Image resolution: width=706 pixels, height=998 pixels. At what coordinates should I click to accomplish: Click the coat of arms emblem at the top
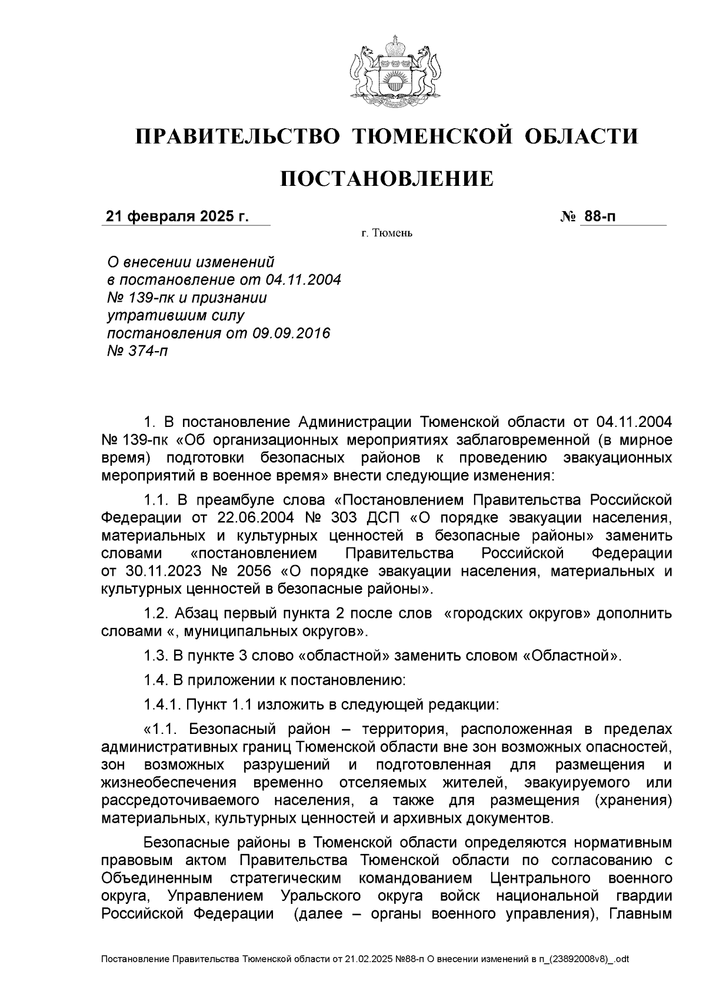click(x=388, y=71)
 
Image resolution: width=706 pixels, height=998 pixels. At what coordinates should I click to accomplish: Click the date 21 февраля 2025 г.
click(x=177, y=216)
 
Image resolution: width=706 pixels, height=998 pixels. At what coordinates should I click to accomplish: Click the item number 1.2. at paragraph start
click(x=156, y=614)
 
